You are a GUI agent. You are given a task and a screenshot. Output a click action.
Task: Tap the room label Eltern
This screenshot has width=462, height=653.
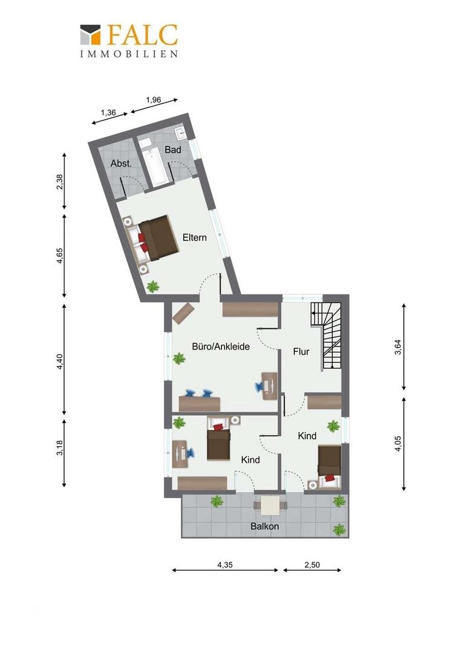click(x=195, y=238)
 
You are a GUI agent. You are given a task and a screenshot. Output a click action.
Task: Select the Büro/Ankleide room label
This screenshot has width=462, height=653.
click(x=221, y=346)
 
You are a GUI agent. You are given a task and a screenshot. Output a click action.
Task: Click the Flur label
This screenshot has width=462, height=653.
click(x=301, y=351)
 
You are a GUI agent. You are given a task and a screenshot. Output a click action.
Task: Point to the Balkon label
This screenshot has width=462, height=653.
click(x=264, y=527)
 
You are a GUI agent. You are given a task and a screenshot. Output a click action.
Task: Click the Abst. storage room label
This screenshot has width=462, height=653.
click(x=121, y=164)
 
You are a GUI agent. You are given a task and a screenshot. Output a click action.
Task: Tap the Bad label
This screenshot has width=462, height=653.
click(x=173, y=149)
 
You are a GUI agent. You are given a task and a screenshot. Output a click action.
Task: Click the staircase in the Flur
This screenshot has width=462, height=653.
click(x=327, y=336)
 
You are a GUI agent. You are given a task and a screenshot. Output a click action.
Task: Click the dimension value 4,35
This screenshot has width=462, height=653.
click(x=225, y=565)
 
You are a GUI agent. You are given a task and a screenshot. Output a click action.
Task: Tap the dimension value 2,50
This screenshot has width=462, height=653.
click(x=312, y=565)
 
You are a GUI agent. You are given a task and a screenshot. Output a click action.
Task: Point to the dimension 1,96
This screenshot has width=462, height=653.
click(x=154, y=100)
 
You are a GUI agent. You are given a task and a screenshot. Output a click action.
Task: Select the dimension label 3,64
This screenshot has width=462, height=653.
click(x=398, y=347)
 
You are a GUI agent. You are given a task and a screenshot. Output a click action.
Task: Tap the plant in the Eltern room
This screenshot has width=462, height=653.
click(x=154, y=286)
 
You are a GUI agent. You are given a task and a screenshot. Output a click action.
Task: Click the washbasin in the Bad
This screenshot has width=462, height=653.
click(x=181, y=133)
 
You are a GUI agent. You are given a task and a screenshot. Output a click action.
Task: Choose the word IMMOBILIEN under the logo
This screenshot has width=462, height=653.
click(x=129, y=54)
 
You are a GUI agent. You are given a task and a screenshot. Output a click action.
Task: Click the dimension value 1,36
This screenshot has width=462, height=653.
click(x=108, y=112)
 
